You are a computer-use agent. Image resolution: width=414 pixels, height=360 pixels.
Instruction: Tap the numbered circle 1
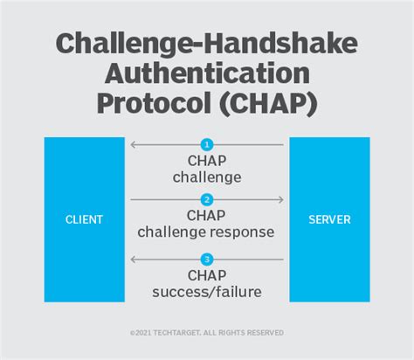coord(207,144)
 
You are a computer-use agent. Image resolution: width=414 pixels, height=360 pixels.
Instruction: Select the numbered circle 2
coord(207,200)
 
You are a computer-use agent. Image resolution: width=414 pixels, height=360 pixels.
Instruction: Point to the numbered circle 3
coord(207,259)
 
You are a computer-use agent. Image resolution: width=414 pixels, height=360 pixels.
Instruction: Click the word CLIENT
coord(84,219)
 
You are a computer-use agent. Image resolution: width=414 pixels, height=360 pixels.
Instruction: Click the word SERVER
coord(329,219)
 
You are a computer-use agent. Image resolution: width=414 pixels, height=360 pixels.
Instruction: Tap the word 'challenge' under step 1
coord(207,177)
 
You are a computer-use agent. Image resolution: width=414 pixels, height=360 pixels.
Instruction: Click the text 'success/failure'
coord(207,291)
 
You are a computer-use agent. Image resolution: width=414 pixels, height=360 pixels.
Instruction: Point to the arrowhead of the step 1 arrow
coord(133,144)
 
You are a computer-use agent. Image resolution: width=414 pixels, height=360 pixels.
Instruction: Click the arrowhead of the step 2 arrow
coord(280,200)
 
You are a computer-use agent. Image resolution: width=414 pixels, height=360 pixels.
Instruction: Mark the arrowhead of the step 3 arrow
coord(133,259)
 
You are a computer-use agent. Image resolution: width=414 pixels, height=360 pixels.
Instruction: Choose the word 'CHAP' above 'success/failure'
coord(207,275)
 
